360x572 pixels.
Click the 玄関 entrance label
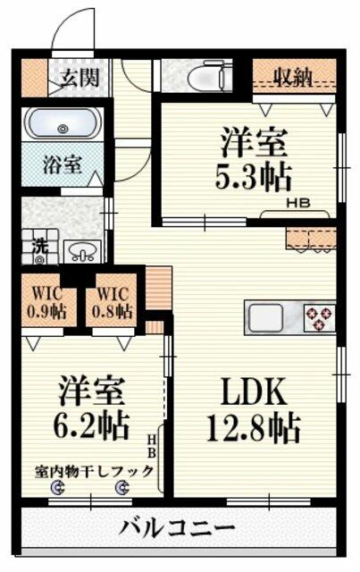(x=80, y=78)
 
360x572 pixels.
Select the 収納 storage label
(x=293, y=78)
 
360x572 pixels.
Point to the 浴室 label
(x=62, y=164)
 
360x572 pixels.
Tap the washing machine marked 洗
(x=39, y=247)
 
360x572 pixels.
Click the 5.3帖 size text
(x=253, y=178)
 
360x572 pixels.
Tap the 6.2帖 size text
(x=91, y=425)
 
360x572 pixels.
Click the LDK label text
(x=254, y=392)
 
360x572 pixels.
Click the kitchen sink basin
(x=266, y=317)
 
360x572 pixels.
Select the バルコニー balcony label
(x=177, y=528)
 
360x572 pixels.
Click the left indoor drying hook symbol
(x=58, y=487)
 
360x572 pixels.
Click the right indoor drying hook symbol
(x=122, y=487)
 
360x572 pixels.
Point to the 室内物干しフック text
(x=94, y=472)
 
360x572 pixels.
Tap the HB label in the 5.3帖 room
(x=298, y=203)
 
